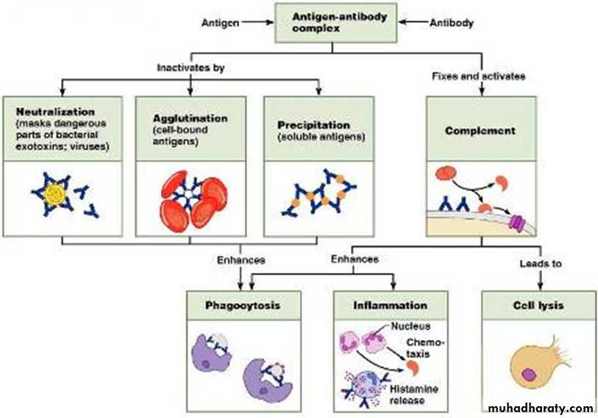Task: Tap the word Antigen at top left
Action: pyautogui.click(x=219, y=23)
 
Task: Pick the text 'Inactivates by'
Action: pyautogui.click(x=191, y=68)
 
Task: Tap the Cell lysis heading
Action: pyautogui.click(x=538, y=304)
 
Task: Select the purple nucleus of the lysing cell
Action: pyautogui.click(x=527, y=374)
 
